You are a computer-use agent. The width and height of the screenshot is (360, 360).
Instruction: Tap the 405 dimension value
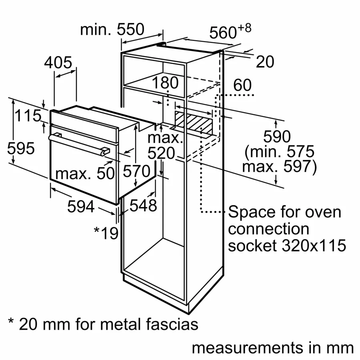click(x=58, y=63)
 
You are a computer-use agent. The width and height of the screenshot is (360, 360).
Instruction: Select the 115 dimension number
click(x=28, y=116)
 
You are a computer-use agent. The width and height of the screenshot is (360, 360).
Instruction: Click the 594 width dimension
click(x=81, y=206)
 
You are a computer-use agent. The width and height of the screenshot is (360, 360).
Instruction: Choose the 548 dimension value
click(x=143, y=205)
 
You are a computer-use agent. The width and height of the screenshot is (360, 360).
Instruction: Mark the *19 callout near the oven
click(x=106, y=232)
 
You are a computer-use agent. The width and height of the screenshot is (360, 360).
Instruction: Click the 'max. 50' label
click(x=85, y=173)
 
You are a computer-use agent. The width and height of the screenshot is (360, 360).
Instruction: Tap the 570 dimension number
click(x=136, y=172)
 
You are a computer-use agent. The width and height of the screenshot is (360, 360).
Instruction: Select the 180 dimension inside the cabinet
click(x=165, y=83)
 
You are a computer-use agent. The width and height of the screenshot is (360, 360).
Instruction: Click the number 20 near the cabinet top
click(x=265, y=62)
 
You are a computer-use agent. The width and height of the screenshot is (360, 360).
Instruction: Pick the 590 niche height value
click(x=277, y=137)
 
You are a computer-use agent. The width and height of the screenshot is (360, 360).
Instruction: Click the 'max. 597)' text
click(x=279, y=166)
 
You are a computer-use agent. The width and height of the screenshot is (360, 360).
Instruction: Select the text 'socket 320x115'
click(x=287, y=246)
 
